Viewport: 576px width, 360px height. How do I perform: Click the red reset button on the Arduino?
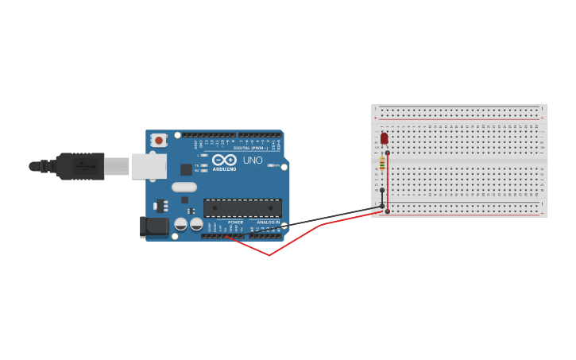(x=159, y=141)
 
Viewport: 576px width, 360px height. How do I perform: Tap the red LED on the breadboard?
(x=384, y=139)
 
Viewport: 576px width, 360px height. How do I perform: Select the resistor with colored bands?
(x=382, y=164)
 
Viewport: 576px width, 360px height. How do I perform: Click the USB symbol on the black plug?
(x=85, y=166)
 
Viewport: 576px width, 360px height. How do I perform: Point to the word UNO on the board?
(x=253, y=160)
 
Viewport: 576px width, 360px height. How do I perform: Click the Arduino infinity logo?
(x=224, y=160)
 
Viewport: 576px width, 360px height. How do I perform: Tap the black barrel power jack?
(x=154, y=226)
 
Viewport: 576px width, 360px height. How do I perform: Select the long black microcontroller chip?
(x=242, y=208)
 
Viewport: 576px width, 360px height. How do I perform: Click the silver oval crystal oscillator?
(x=184, y=188)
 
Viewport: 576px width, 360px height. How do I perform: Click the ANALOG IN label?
(x=268, y=223)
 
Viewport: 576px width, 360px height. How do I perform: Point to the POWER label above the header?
(x=235, y=223)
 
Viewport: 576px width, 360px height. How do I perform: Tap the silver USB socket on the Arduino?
(x=149, y=166)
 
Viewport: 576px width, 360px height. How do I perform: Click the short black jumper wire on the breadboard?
(x=382, y=198)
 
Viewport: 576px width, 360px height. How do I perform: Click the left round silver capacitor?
(x=181, y=224)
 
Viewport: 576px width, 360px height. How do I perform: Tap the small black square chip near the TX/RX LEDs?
(x=186, y=169)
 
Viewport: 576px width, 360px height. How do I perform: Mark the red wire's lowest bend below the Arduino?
(x=269, y=255)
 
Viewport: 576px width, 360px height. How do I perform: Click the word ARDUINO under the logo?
(x=224, y=168)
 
